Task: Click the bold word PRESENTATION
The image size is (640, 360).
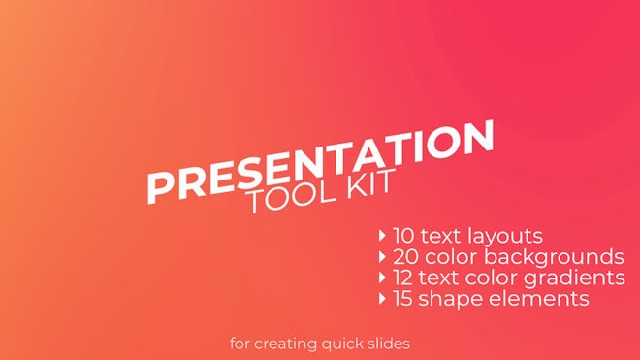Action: (x=320, y=161)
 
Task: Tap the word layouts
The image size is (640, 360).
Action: (x=505, y=236)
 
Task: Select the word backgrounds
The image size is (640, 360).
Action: (x=563, y=257)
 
